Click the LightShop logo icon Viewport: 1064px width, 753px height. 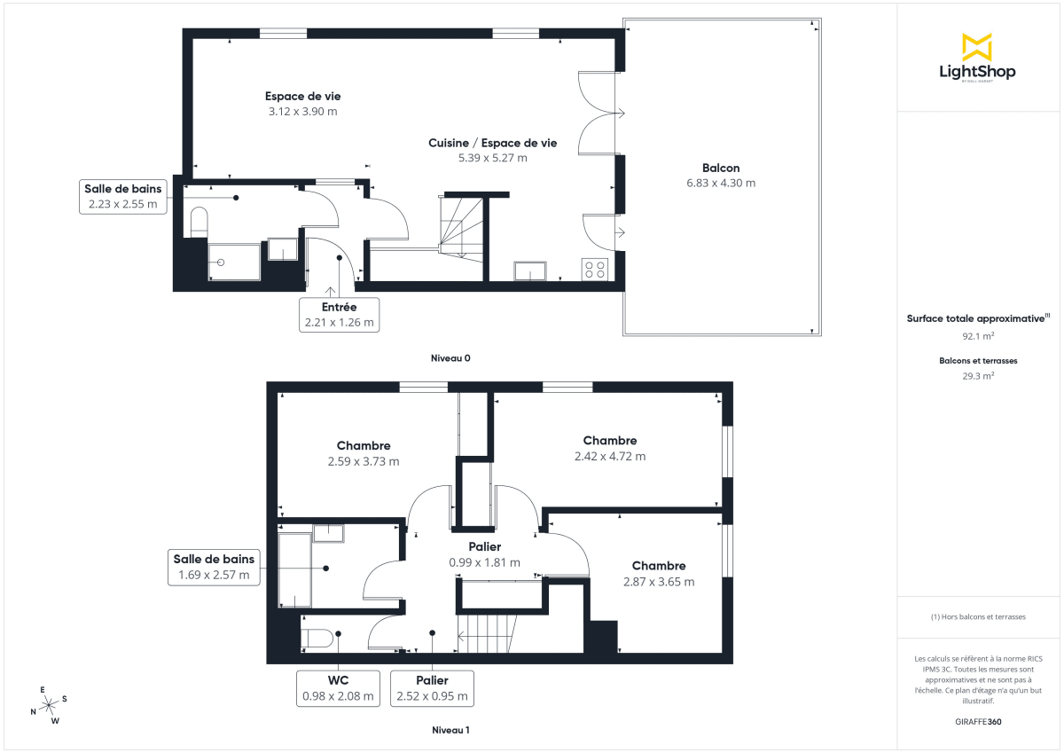[x=977, y=46]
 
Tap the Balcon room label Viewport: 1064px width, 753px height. [x=720, y=168]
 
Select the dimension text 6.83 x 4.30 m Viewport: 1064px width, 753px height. [x=720, y=184]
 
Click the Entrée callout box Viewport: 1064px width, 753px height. [x=339, y=315]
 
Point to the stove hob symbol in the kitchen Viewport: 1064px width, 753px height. [x=594, y=269]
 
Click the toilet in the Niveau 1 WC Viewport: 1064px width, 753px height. [x=317, y=639]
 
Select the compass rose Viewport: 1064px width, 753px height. [x=50, y=704]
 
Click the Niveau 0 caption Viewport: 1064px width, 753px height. [x=450, y=357]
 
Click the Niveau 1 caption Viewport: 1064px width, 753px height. [x=450, y=730]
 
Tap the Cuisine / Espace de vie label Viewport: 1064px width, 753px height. [x=492, y=143]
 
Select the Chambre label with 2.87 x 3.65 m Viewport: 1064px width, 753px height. [x=658, y=566]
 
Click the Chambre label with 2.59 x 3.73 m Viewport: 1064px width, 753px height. [x=364, y=445]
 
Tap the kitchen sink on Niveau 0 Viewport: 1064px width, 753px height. [x=531, y=271]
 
